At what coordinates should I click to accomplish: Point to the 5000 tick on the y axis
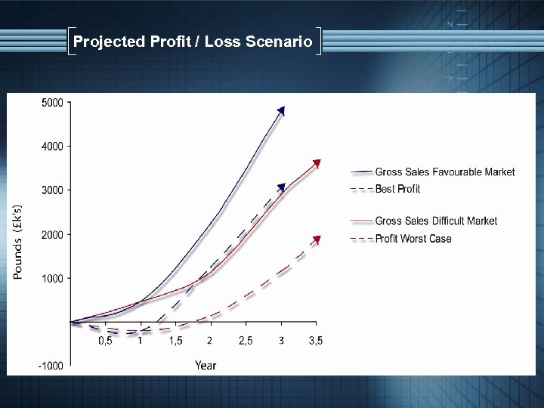coord(52,103)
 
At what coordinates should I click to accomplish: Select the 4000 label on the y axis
coord(52,147)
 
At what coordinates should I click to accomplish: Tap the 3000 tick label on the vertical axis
coord(52,190)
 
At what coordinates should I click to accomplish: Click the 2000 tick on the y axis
coord(52,235)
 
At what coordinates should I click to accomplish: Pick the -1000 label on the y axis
coord(51,366)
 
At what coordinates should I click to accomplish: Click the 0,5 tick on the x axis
coord(106,341)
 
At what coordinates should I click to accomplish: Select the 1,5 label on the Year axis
coord(175,341)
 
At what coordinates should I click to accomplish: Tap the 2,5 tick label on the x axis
coord(246,341)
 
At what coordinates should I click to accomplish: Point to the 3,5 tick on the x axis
coord(315,341)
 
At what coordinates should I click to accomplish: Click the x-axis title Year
coord(205,366)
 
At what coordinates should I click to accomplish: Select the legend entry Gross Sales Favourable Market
coord(444,172)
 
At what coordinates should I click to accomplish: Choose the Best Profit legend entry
coord(397,189)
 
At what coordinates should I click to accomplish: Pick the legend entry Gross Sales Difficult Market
coord(436,221)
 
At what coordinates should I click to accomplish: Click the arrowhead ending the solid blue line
coord(281,110)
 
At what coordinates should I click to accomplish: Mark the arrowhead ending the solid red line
coord(317,163)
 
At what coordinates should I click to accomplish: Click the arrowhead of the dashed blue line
coord(281,187)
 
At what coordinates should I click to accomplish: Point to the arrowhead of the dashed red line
coord(317,240)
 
